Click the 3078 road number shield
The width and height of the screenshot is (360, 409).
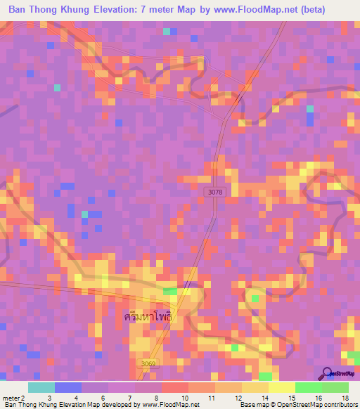pos(217,192)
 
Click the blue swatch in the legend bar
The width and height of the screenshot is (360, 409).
pos(67,387)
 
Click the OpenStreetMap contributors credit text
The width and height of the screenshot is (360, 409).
pos(316,405)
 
